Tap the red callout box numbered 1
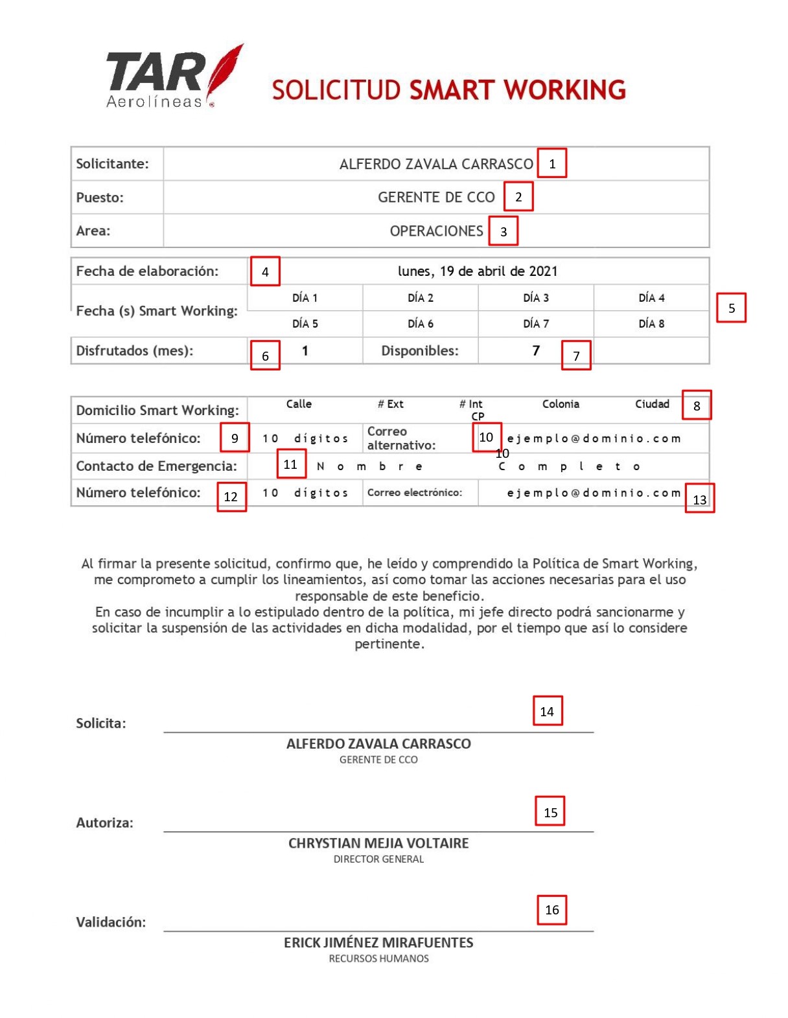(x=552, y=163)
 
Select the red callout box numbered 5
(x=731, y=308)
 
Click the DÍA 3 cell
(x=536, y=298)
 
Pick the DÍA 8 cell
(x=651, y=324)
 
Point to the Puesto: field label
(x=100, y=198)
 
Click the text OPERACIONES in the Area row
(x=436, y=231)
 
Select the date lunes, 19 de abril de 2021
(x=478, y=271)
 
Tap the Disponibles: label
(x=420, y=351)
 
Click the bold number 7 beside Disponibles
(x=536, y=351)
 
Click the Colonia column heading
(x=561, y=404)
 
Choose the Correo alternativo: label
(x=401, y=438)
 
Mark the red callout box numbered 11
(x=290, y=464)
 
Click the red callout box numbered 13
(x=700, y=499)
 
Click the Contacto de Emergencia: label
(x=157, y=466)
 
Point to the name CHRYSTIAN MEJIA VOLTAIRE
(x=378, y=843)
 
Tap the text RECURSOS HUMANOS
(x=378, y=958)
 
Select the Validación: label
(x=111, y=922)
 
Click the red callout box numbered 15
(x=550, y=811)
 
